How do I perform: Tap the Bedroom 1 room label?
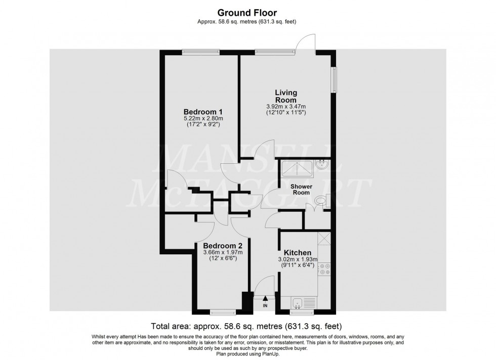click(x=203, y=112)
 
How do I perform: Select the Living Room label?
click(x=286, y=96)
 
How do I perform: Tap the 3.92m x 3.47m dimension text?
click(x=286, y=107)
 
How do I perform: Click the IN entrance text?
click(x=265, y=306)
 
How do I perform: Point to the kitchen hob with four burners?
click(x=324, y=269)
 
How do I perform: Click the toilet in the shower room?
click(x=320, y=202)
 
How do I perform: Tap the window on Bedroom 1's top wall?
click(x=200, y=51)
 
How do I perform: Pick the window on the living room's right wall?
click(x=334, y=79)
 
